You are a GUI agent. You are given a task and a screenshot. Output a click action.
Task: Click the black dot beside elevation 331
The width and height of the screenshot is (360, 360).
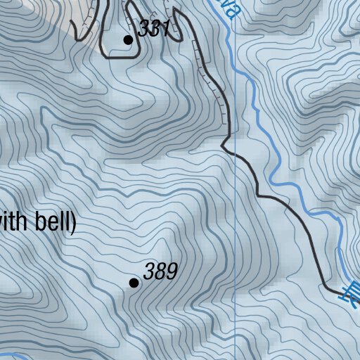[x=128, y=40]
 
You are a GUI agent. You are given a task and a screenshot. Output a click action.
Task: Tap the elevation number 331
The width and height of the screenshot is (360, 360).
[x=155, y=29]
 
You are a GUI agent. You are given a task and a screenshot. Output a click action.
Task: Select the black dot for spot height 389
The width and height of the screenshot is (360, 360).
[x=134, y=283]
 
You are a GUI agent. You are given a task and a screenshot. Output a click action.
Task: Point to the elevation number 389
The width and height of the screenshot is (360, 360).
[x=160, y=271]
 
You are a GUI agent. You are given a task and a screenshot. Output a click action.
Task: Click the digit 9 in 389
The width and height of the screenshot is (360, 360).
[x=171, y=271]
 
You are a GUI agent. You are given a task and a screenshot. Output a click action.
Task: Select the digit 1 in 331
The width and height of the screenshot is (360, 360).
[x=166, y=29]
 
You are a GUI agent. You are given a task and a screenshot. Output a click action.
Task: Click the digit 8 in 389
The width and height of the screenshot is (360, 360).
[x=160, y=271]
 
